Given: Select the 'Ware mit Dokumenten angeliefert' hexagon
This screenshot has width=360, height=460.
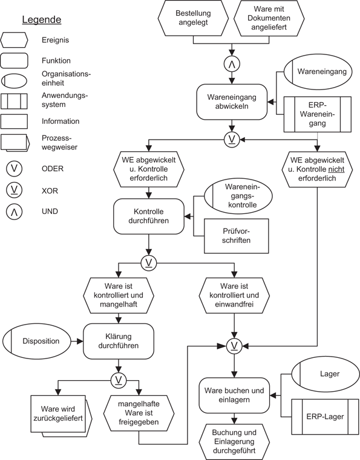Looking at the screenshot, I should click(x=269, y=18).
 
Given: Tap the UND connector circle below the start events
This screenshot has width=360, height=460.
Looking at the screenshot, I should click(x=231, y=63).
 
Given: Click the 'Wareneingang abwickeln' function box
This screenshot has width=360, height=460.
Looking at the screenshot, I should click(x=231, y=101).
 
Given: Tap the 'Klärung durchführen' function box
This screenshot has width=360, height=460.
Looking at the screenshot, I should click(x=119, y=342).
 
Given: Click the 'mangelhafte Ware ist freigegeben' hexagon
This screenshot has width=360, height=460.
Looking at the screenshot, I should click(x=139, y=413).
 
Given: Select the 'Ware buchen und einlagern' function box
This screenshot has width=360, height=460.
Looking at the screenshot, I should click(x=233, y=395).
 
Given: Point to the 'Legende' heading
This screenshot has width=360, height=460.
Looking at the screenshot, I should click(x=42, y=19).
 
